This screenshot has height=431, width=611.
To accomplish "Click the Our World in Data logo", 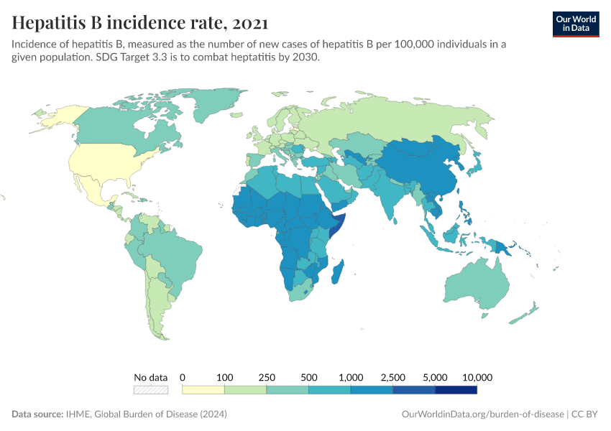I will pyautogui.click(x=575, y=24).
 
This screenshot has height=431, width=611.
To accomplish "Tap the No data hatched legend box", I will pyautogui.click(x=151, y=390).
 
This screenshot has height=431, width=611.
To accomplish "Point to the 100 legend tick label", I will pyautogui.click(x=225, y=377).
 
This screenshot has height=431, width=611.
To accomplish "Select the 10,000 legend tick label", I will pyautogui.click(x=477, y=377).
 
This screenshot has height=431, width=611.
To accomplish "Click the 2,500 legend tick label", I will pyautogui.click(x=393, y=377).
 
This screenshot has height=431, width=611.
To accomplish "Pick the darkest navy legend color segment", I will pyautogui.click(x=456, y=390).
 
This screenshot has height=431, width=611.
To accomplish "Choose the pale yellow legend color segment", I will pyautogui.click(x=203, y=390).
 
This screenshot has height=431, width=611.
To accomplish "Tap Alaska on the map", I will pyautogui.click(x=58, y=115).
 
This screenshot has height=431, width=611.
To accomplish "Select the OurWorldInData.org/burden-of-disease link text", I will pyautogui.click(x=481, y=414).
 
